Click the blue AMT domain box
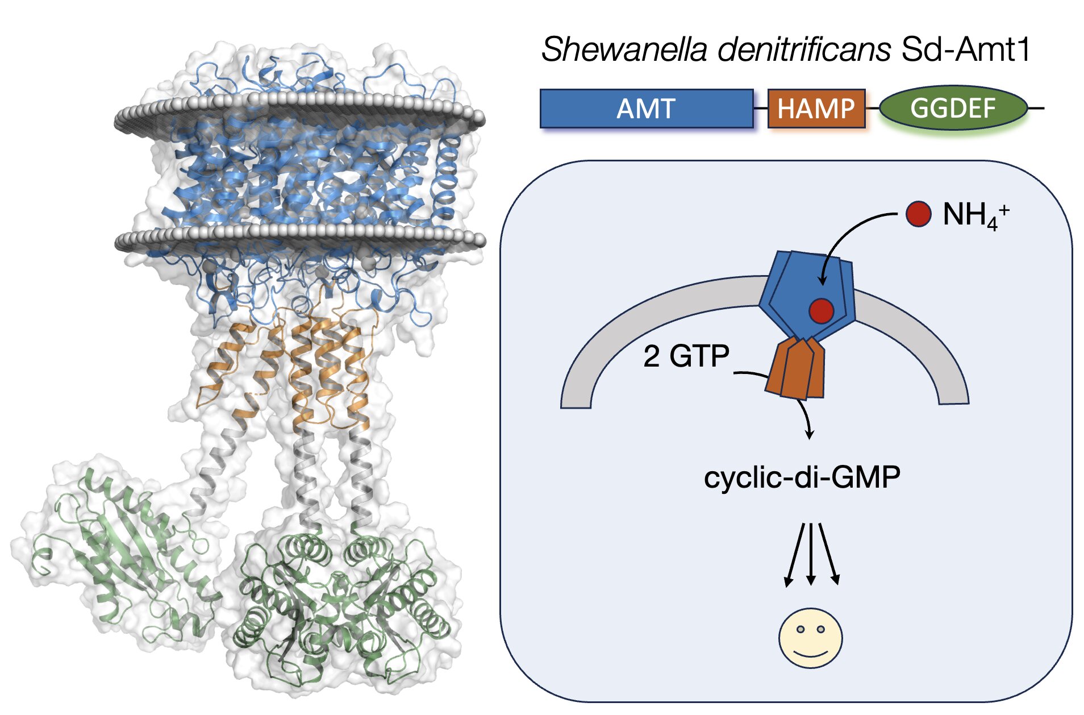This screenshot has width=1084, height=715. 646,108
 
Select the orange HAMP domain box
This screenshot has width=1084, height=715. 816,108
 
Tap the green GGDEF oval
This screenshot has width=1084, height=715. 953,107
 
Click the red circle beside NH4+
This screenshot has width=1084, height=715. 918,214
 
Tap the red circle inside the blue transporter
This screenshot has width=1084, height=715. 821,311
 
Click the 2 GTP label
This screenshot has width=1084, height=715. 686,356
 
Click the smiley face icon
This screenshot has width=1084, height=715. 810,638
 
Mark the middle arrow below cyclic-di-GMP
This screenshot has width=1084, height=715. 811,554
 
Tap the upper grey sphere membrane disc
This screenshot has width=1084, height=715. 299,114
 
